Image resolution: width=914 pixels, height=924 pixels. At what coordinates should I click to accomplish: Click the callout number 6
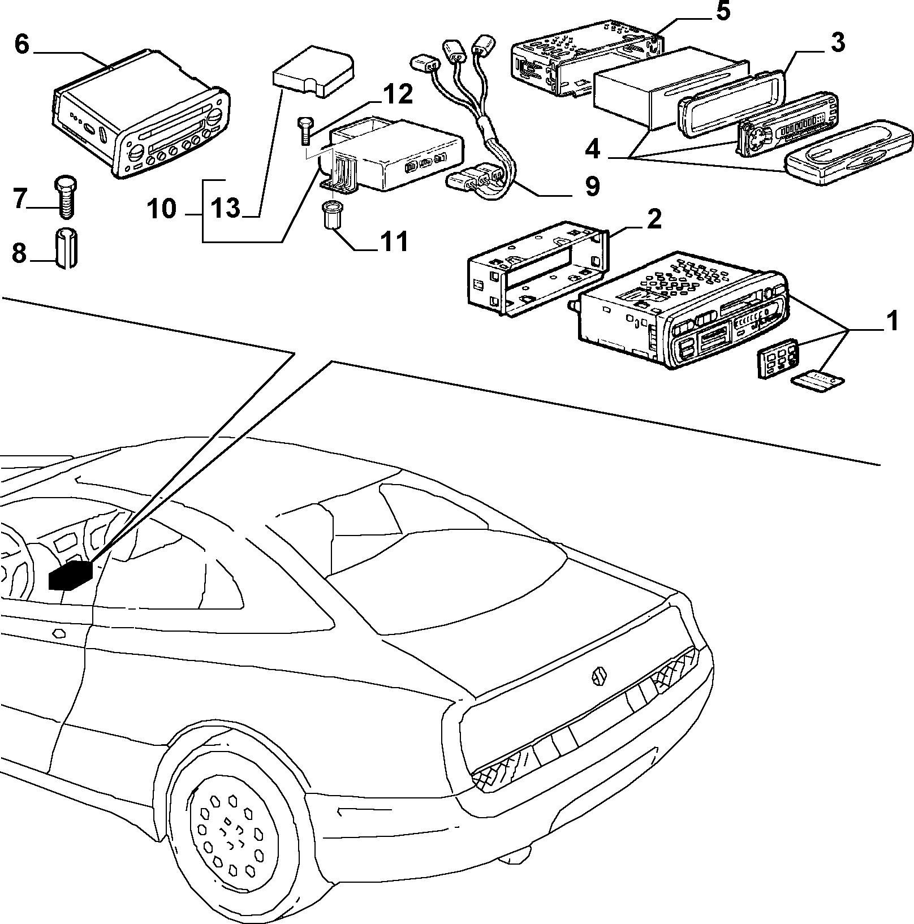point(21,45)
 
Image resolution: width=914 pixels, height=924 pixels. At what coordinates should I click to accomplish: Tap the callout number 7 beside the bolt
point(20,200)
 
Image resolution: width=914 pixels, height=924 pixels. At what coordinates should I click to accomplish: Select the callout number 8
point(19,253)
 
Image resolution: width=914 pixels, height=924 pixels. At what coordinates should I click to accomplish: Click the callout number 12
point(396,95)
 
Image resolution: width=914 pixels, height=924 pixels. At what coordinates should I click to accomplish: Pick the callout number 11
point(392,242)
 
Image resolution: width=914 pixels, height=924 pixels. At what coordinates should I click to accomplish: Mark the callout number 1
point(891,322)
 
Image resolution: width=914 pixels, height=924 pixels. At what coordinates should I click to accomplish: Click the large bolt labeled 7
point(67,198)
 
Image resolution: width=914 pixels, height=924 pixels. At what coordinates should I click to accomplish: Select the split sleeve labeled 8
point(67,250)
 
